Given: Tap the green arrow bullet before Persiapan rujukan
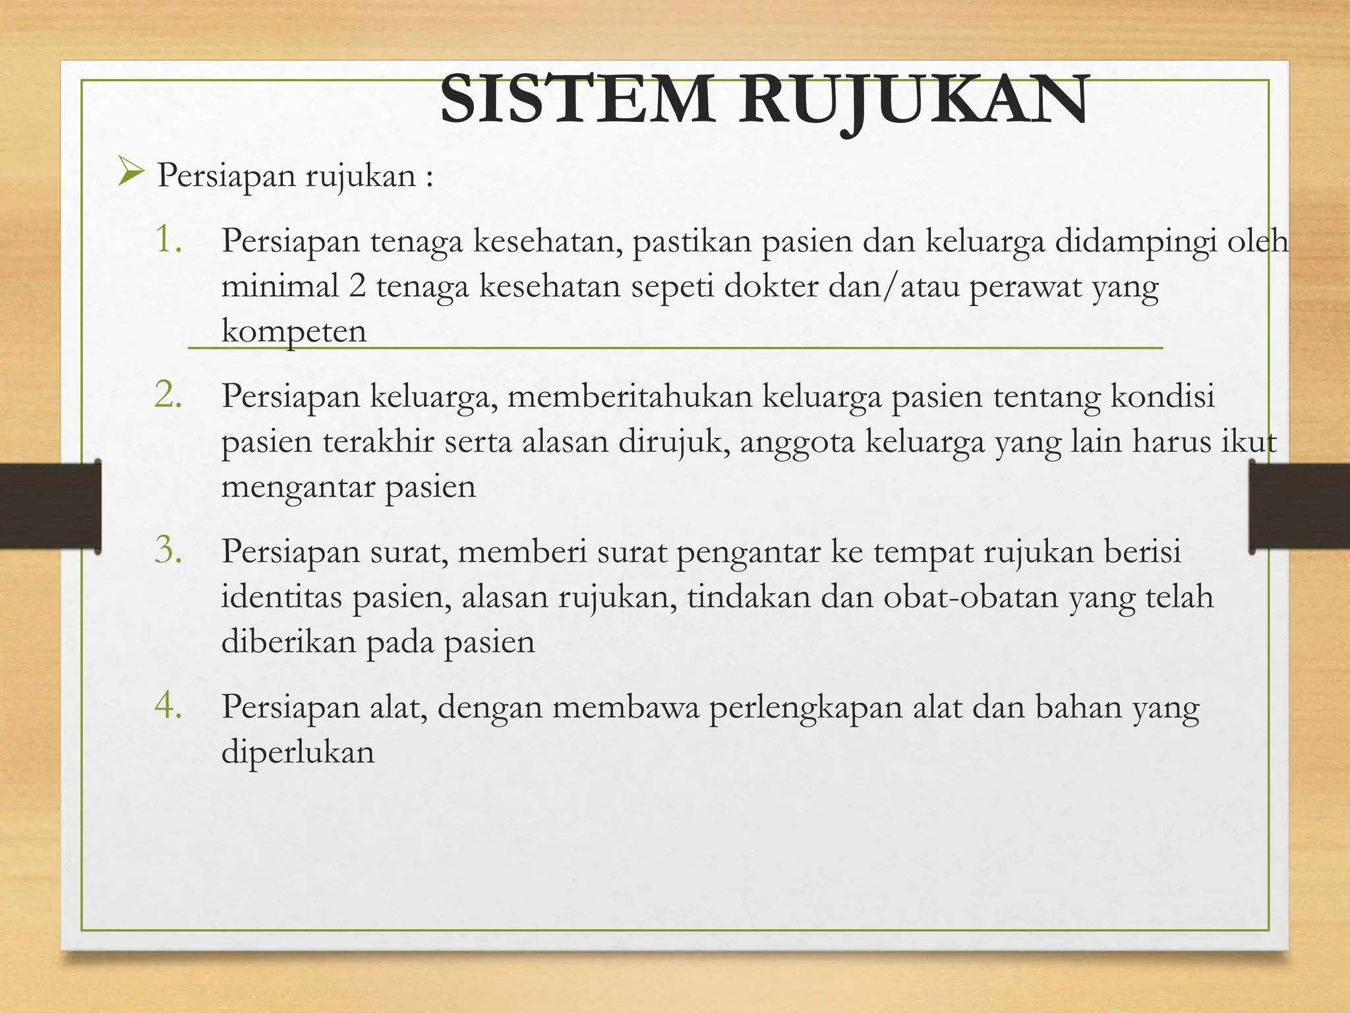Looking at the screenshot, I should click(131, 173).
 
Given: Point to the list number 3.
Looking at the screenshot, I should click(168, 550).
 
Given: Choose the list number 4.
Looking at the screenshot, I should click(168, 706).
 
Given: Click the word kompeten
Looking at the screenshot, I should click(293, 331).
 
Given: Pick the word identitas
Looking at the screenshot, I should click(281, 597).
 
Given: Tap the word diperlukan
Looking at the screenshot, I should click(297, 752).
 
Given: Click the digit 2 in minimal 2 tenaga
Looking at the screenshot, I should click(357, 286).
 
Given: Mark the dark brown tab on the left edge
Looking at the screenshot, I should click(50, 506).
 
